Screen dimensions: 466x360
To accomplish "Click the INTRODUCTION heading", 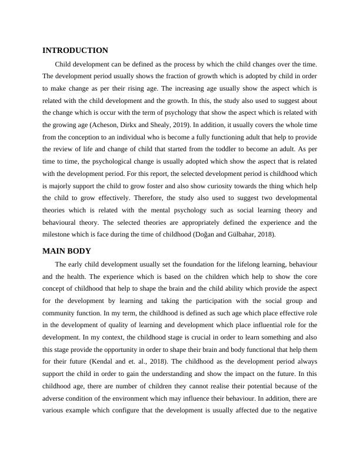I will pyautogui.click(x=75, y=51).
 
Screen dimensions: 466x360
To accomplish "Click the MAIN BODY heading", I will pyautogui.click(x=66, y=251).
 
